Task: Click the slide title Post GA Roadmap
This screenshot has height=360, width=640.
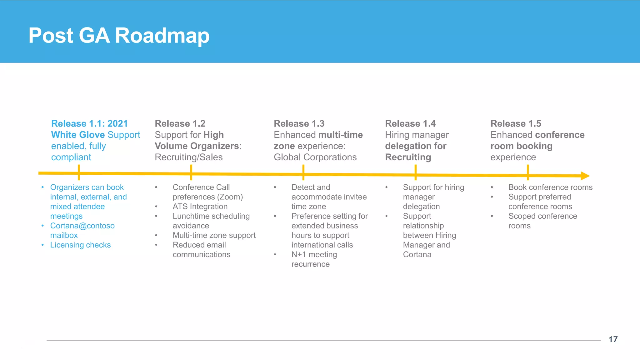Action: (119, 36)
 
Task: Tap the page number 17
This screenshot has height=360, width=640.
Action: (613, 339)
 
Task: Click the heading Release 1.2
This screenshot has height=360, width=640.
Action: (180, 124)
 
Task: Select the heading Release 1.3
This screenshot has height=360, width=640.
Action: (299, 124)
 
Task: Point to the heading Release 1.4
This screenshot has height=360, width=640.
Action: (410, 124)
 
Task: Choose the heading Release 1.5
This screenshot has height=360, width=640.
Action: (516, 124)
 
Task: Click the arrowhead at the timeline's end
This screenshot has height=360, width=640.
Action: (585, 176)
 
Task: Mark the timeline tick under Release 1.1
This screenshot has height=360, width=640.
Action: (79, 172)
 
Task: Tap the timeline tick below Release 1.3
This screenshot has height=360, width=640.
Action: (303, 173)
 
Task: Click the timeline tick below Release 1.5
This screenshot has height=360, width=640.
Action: (528, 173)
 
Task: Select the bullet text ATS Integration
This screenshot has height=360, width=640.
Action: (200, 207)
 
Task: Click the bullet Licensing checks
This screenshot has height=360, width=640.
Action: (80, 245)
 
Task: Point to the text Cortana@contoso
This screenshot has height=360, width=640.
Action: (82, 226)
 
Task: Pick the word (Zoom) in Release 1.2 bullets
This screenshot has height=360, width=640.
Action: (231, 197)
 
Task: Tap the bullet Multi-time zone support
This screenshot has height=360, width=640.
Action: (214, 235)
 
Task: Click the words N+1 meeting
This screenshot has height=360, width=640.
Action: (314, 255)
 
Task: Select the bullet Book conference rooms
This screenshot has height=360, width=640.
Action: (550, 187)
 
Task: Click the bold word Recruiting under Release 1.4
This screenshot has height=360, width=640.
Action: (408, 157)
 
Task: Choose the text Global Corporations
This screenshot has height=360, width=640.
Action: (315, 157)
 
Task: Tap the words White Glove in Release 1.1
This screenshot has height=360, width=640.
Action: (78, 135)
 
